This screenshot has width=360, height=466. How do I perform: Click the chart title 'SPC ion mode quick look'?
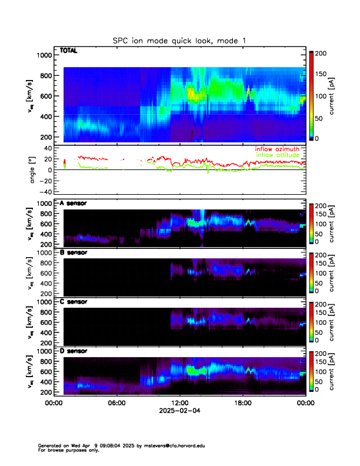pyautogui.click(x=179, y=40)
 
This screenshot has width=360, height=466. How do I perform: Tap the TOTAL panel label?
pyautogui.click(x=69, y=51)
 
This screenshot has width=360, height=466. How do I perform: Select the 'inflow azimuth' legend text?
pyautogui.click(x=277, y=149)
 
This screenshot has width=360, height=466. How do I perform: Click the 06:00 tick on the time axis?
pyautogui.click(x=116, y=403)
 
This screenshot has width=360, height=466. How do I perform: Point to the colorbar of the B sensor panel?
pyautogui.click(x=311, y=271)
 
